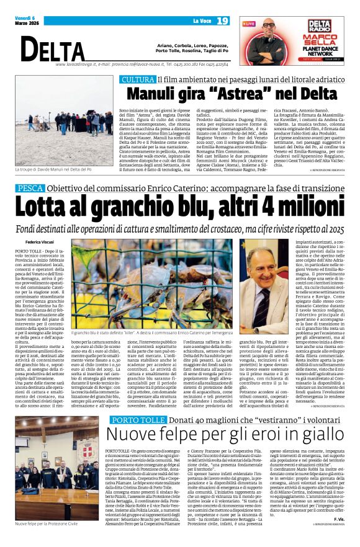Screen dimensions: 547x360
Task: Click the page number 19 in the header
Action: click(222, 20)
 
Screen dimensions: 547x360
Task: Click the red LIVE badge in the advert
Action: click(249, 23)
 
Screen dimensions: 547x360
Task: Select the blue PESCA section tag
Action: click(30, 188)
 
